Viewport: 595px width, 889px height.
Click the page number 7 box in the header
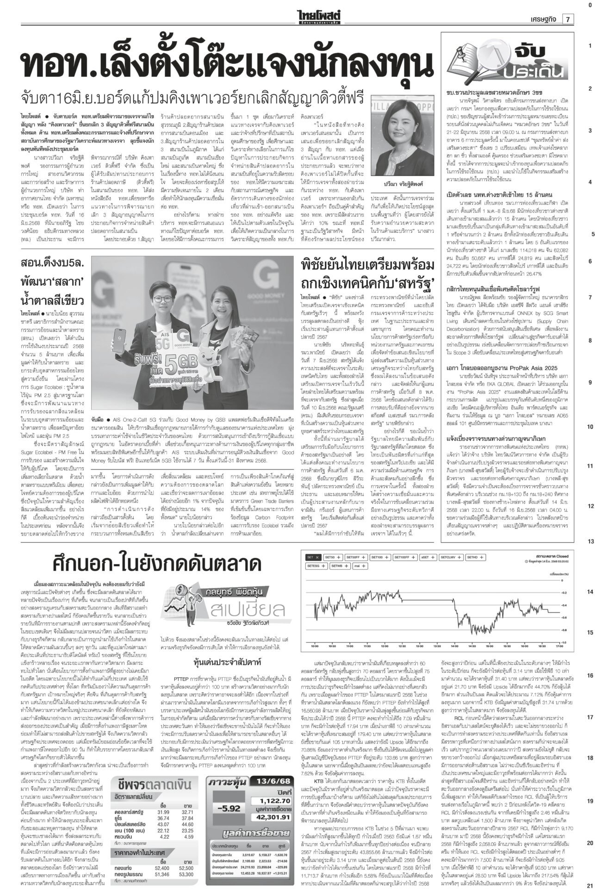coord(567,19)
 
